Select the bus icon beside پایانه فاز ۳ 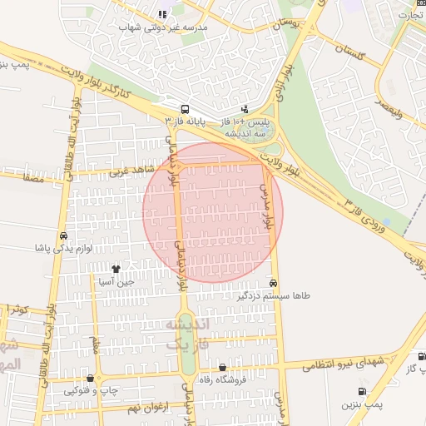click(184, 108)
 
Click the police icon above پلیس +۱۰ click(244, 108)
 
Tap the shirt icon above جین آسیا click(115, 269)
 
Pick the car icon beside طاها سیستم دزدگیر click(274, 282)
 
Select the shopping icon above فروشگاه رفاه click(221, 368)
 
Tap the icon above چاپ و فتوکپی click(90, 378)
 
